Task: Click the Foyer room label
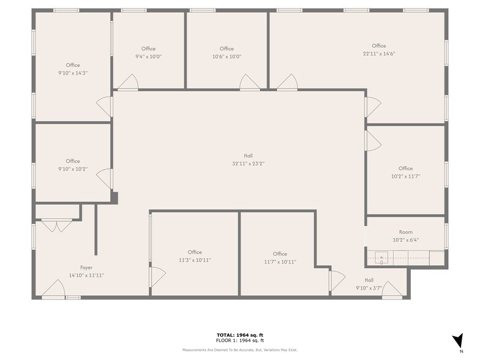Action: [86, 268]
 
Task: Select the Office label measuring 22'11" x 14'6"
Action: [378, 46]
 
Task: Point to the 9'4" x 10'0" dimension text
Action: [148, 56]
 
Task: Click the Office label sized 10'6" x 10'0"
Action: [227, 49]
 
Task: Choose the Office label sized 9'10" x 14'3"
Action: [73, 65]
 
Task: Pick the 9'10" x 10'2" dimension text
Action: [73, 169]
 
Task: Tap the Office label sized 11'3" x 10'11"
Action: [195, 252]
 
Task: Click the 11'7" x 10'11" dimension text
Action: [280, 261]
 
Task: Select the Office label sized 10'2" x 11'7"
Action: [405, 168]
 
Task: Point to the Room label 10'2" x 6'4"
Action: [405, 232]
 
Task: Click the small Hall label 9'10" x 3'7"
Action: [369, 280]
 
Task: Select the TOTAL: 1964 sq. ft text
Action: [240, 335]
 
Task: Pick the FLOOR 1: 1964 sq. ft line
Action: [240, 340]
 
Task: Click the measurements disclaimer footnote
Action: [240, 350]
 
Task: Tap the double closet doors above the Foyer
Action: [58, 225]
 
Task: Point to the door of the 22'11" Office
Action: [288, 82]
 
